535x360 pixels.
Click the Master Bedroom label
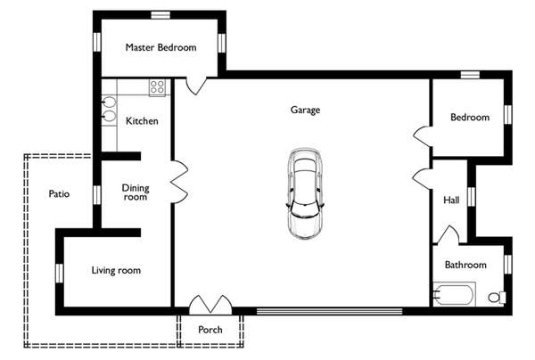[x=160, y=47]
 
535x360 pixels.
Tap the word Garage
[x=305, y=110]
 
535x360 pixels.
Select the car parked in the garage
[x=305, y=193]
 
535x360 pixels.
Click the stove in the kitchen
[x=157, y=87]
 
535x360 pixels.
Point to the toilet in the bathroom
[x=497, y=297]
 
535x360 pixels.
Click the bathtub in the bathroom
[x=454, y=294]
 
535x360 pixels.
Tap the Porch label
[x=210, y=330]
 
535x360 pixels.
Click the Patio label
[x=59, y=194]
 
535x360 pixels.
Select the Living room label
[x=116, y=270]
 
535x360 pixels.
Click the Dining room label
[x=136, y=192]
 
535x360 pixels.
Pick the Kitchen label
[x=142, y=121]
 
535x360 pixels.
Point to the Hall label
[x=451, y=200]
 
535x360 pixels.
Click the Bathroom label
[x=465, y=265]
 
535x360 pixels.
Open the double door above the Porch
[x=210, y=305]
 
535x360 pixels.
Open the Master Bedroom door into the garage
[x=196, y=86]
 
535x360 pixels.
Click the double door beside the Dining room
[x=180, y=182]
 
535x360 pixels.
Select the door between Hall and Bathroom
[x=448, y=235]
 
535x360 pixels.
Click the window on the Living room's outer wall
[x=60, y=273]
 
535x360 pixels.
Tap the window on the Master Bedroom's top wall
[x=160, y=15]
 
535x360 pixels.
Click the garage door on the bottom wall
[x=329, y=311]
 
